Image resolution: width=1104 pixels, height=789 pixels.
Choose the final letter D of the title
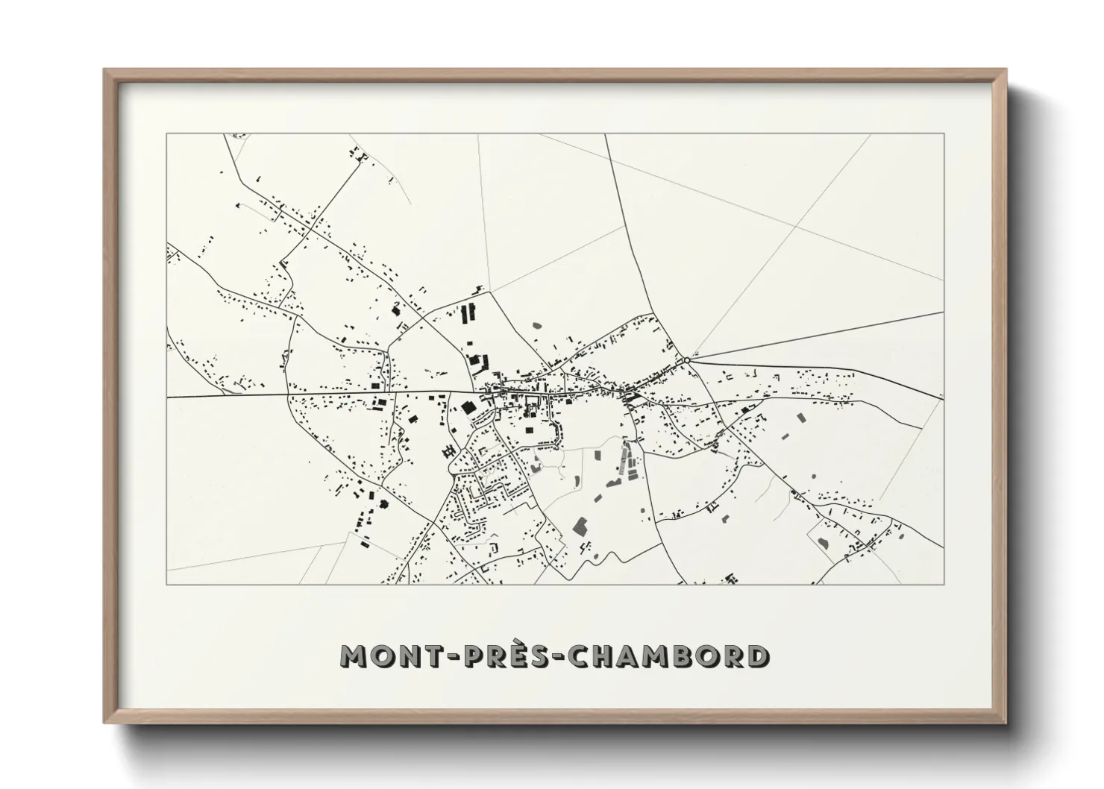pyautogui.click(x=758, y=656)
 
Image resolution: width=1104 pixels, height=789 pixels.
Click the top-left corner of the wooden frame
pyautogui.click(x=104, y=70)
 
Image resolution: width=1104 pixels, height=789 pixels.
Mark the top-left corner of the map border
pyautogui.click(x=166, y=133)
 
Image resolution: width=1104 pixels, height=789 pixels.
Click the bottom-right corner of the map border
pyautogui.click(x=944, y=584)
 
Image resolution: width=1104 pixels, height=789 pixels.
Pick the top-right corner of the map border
pyautogui.click(x=944, y=133)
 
